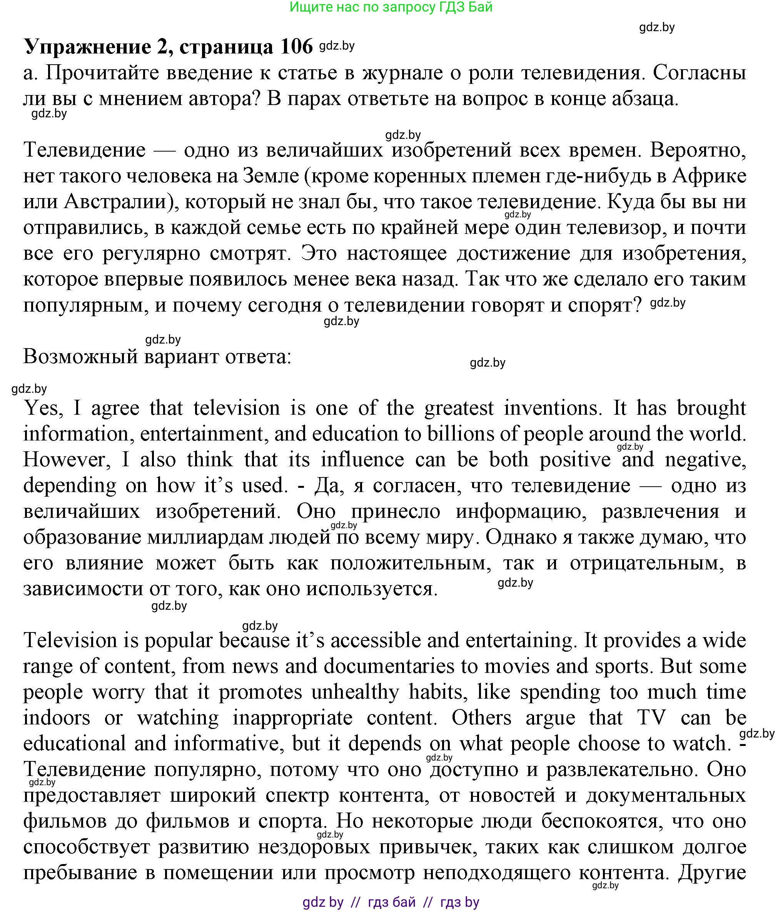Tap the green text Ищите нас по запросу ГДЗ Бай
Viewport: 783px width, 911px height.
coord(391,7)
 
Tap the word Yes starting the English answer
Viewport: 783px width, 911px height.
coord(43,408)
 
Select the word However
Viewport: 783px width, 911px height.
coord(70,460)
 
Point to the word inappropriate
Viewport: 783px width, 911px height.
coord(292,718)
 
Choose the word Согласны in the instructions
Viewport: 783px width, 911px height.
coord(699,73)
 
